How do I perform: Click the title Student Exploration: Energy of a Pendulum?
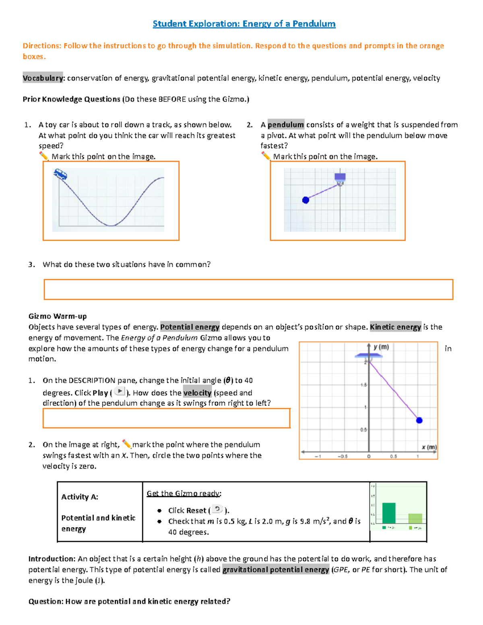(244, 24)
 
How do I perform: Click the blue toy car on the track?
(60, 174)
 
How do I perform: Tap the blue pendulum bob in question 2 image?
(305, 200)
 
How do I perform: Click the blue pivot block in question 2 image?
(340, 177)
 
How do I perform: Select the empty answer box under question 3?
(248, 289)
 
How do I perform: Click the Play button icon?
(120, 391)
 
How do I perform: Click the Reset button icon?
(217, 509)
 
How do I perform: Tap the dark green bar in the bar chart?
(389, 513)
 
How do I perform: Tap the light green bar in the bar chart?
(415, 518)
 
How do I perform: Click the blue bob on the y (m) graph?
(419, 420)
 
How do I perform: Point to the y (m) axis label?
(381, 347)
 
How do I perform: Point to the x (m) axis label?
(429, 447)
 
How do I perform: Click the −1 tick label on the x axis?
(318, 456)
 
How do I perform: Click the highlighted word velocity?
(197, 393)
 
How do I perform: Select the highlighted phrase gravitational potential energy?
(276, 569)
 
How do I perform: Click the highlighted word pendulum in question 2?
(286, 125)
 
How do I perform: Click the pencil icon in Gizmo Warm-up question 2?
(126, 444)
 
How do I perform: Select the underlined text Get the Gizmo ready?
(184, 493)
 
